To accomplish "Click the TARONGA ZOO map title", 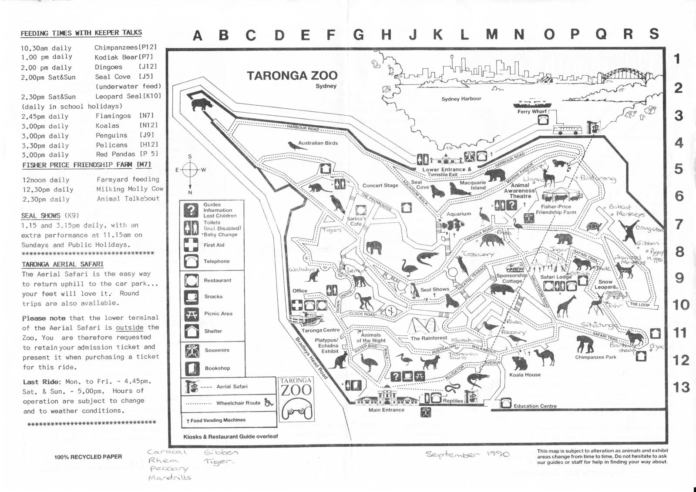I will point(292,76).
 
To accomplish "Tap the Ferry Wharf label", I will point(532,112).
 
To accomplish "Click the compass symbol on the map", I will point(190,170).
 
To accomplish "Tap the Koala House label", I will point(525,375).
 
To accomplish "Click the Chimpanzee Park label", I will point(595,357).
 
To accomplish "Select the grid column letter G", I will point(359,35).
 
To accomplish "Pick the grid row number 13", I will point(681,387).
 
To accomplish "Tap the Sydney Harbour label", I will point(461,99).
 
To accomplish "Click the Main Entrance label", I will point(386,410).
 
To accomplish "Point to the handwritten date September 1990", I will point(467,454).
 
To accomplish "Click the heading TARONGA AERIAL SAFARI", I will point(63,264).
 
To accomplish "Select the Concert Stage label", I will point(380,185).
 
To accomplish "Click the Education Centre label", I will point(535,406).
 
